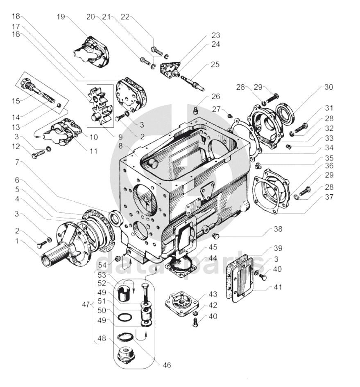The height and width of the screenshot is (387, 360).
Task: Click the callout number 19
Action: tap(61, 17)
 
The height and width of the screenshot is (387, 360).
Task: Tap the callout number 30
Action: tap(329, 87)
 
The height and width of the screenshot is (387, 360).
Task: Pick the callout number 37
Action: tap(329, 197)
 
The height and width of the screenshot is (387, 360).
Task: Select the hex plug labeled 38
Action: tap(217, 236)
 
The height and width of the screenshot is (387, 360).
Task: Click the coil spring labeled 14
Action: tap(48, 98)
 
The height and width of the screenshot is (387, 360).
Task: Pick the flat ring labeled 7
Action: tap(116, 218)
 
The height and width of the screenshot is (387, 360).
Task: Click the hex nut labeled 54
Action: tap(118, 259)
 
